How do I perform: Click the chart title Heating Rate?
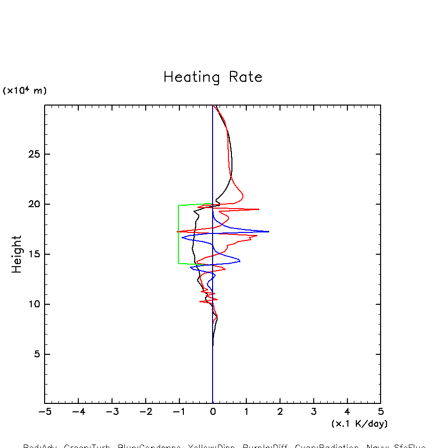point(213,77)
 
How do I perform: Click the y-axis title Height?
point(17,254)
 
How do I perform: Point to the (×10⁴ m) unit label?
point(25,91)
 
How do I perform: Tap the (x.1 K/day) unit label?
point(359,424)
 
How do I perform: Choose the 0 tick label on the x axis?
point(213,412)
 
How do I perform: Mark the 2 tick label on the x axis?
point(280,412)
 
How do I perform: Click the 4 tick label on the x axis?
point(347,412)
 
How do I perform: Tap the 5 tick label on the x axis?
point(381,412)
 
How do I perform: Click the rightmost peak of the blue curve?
point(269,231)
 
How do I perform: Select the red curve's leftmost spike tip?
point(177,231)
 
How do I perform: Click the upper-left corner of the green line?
point(178,205)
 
